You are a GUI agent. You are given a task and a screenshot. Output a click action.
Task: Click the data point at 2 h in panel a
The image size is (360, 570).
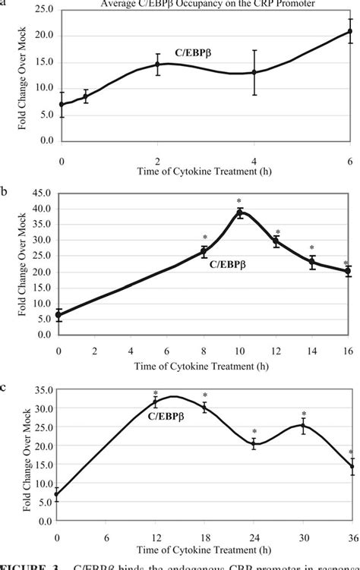point(157,65)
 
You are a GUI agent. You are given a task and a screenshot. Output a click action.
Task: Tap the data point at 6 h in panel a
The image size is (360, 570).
point(350,31)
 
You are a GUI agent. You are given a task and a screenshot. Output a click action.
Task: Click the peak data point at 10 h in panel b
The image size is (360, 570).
point(240,213)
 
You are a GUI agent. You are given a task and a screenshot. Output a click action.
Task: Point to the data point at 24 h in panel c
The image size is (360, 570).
point(254,444)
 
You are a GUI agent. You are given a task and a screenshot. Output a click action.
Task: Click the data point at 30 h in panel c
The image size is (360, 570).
point(302,426)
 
